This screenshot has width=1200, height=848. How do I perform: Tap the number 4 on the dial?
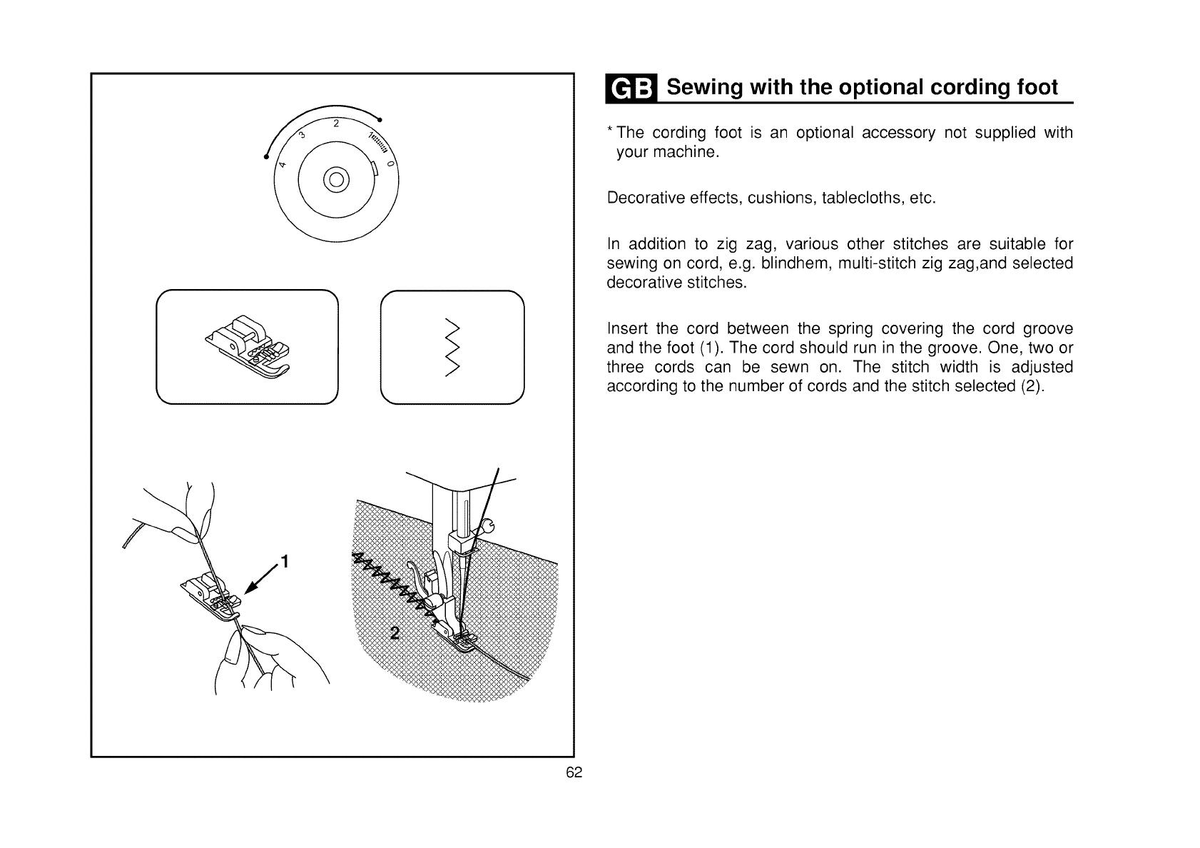[x=283, y=164]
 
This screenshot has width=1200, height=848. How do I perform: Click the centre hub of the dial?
[x=336, y=179]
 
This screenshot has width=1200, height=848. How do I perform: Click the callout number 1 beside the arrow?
[x=284, y=562]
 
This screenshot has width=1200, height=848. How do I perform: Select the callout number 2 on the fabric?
[x=394, y=633]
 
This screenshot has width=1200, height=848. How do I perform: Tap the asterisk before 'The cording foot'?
[x=610, y=131]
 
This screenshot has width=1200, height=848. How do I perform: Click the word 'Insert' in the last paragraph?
[x=626, y=329]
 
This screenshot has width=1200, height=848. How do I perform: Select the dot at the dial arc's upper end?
[x=380, y=118]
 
